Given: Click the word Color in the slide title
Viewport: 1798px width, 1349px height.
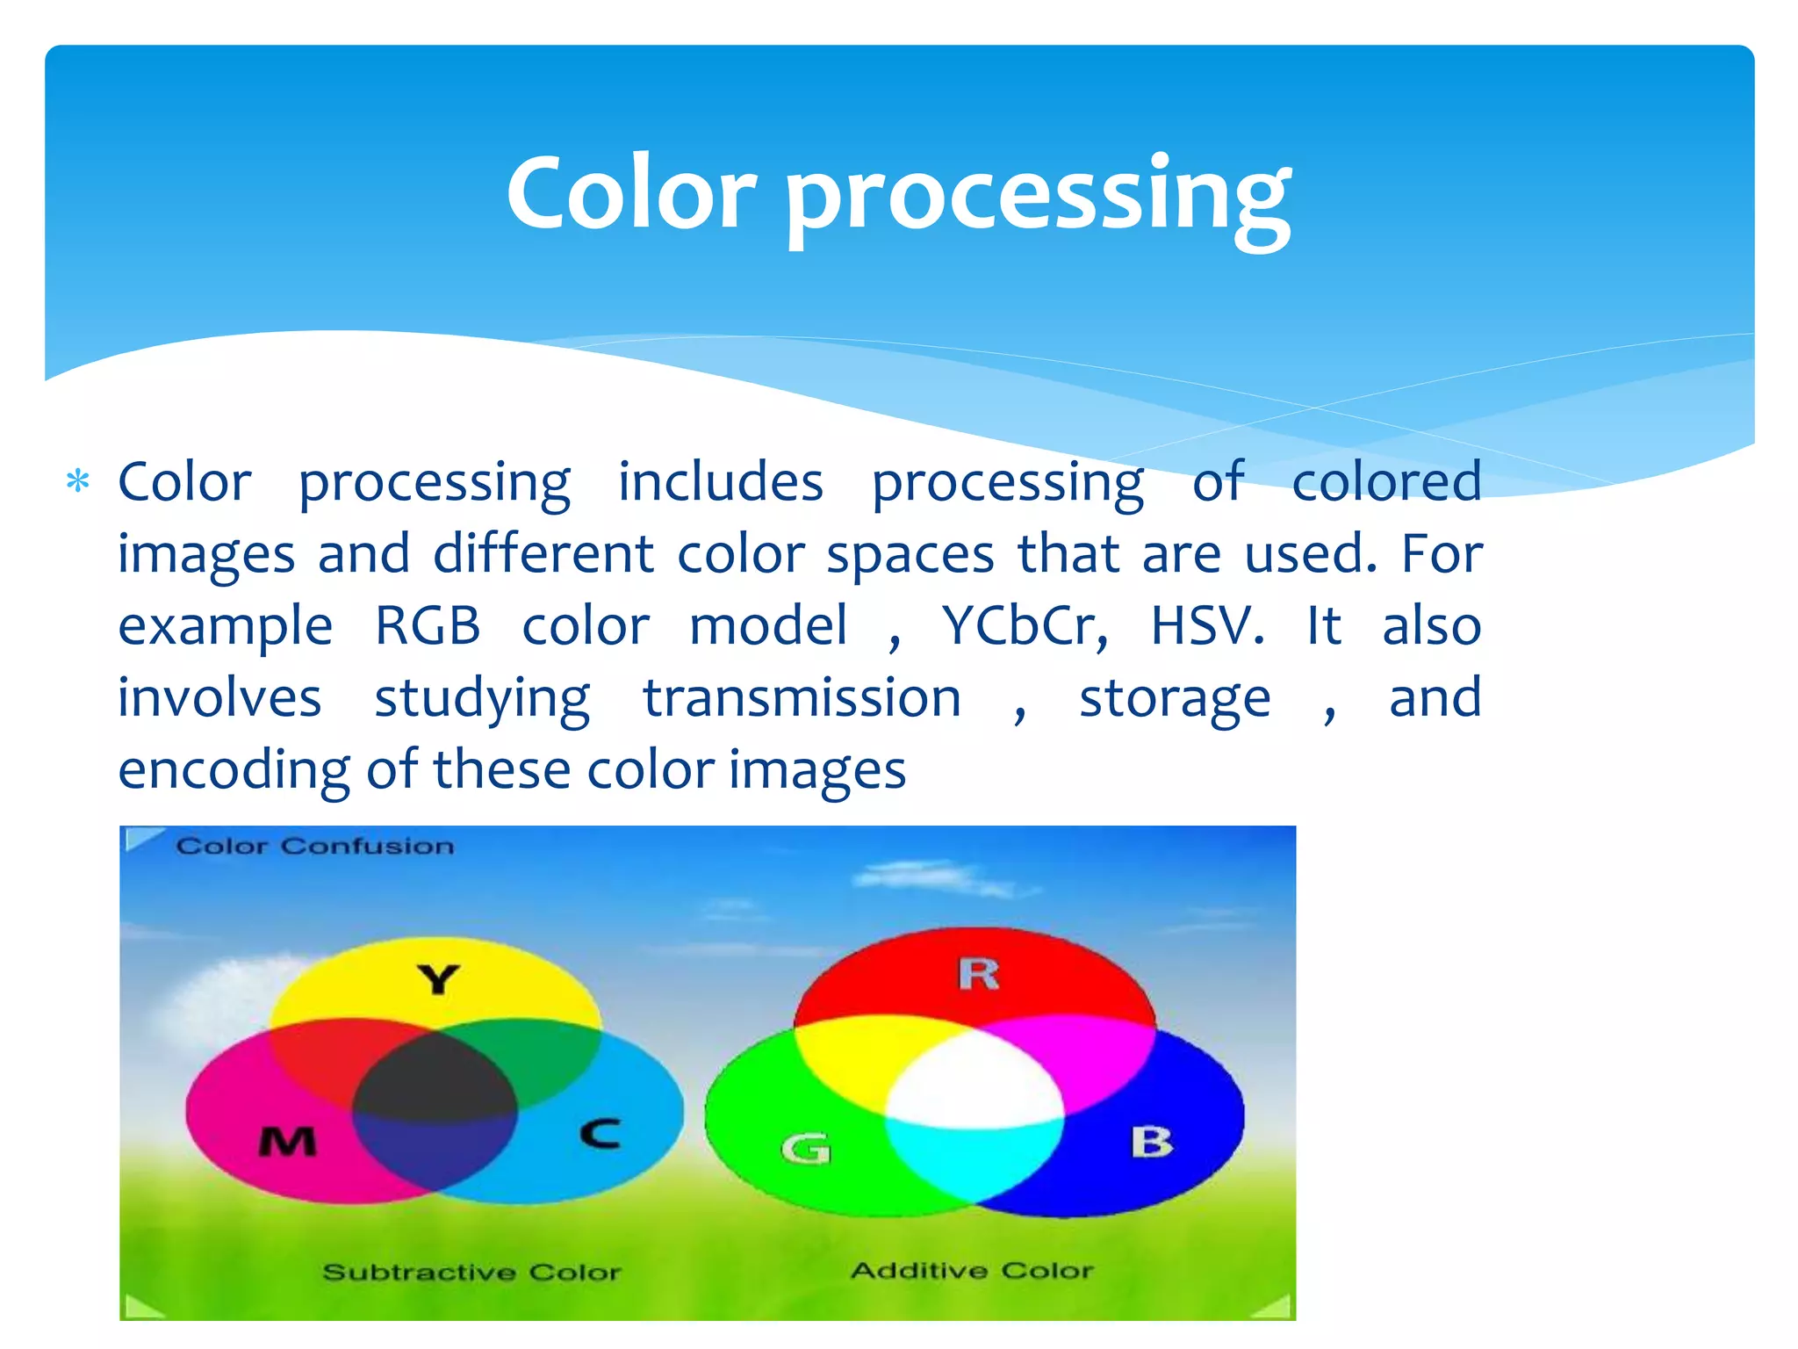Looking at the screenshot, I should coord(630,193).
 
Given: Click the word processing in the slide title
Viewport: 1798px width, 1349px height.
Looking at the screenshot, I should coord(1038,198).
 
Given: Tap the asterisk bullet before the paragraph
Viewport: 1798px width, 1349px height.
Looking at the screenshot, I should coord(78,482).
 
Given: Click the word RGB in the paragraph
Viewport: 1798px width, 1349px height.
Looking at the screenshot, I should coord(428,626).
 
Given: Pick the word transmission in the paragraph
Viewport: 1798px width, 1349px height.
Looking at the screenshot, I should coord(802,699).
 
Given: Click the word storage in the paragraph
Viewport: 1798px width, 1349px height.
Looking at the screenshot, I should coord(1174,699).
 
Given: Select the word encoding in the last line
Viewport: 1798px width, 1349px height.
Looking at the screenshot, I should coord(234,771).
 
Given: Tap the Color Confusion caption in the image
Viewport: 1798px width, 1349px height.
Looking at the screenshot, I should coord(314,847).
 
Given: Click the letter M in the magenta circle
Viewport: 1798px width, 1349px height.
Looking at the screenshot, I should coord(287,1142).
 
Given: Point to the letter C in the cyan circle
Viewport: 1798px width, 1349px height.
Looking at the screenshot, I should coord(601,1133).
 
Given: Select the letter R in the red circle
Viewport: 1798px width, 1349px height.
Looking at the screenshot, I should coord(978,974).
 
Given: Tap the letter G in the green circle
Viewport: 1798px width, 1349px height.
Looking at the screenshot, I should coord(806,1148).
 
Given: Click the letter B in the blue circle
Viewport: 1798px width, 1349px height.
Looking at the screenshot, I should coord(1151,1143).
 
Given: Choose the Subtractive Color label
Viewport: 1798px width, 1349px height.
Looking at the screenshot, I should coord(471,1273).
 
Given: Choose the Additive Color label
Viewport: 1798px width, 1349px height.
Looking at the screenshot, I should coord(972,1271).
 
